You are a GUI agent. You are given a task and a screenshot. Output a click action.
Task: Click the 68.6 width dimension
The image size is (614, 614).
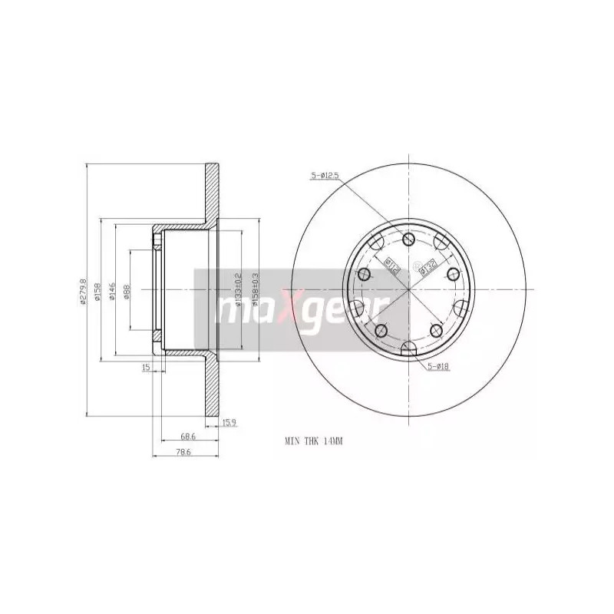coord(187,436)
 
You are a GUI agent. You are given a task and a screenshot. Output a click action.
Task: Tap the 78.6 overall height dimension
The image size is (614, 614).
coord(183,452)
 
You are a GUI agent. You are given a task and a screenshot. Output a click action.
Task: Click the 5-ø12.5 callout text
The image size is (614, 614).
coord(325,176)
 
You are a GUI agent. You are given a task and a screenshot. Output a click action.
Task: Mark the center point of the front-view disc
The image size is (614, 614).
coord(411,290)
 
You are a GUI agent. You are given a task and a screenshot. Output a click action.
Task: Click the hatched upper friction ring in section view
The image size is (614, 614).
coord(211,192)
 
